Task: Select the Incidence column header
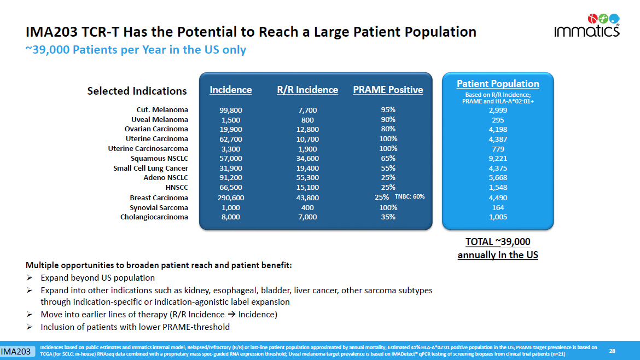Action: [x=231, y=90]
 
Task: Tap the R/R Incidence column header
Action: [x=307, y=90]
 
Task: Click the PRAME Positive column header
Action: [x=388, y=90]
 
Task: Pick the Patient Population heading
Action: [x=498, y=84]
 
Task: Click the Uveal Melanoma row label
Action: [x=160, y=119]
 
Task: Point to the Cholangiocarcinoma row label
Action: [x=154, y=217]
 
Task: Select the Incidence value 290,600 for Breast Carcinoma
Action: [x=231, y=198]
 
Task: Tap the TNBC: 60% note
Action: [x=410, y=197]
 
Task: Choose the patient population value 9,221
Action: [x=498, y=158]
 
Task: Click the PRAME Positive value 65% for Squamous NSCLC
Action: [x=388, y=158]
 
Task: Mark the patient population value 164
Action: [x=498, y=208]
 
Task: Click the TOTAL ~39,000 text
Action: [x=498, y=242]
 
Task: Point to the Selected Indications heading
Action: [x=137, y=91]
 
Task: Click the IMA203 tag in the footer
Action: [x=15, y=351]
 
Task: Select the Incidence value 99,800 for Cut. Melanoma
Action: [x=231, y=110]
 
